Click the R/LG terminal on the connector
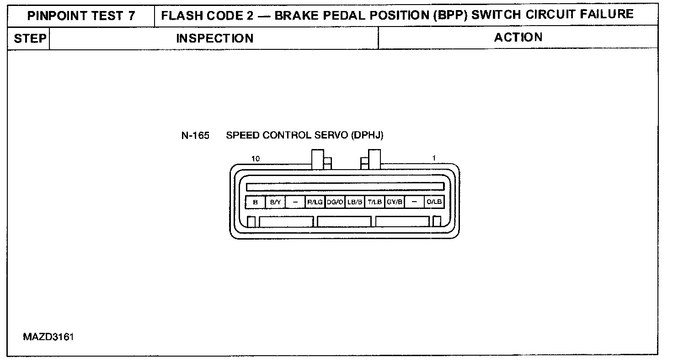315,202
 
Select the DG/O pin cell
335,202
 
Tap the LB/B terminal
355,202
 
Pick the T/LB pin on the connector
374,202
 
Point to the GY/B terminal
395,202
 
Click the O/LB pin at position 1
434,202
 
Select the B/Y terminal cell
275,202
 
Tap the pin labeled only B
256,202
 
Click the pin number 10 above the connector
256,159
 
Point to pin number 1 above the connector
434,158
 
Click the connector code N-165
195,136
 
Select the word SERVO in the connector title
331,135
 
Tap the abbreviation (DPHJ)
367,135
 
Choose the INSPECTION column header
215,38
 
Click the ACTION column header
518,37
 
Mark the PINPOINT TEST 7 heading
81,16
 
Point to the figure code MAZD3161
48,337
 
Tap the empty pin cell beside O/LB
414,202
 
